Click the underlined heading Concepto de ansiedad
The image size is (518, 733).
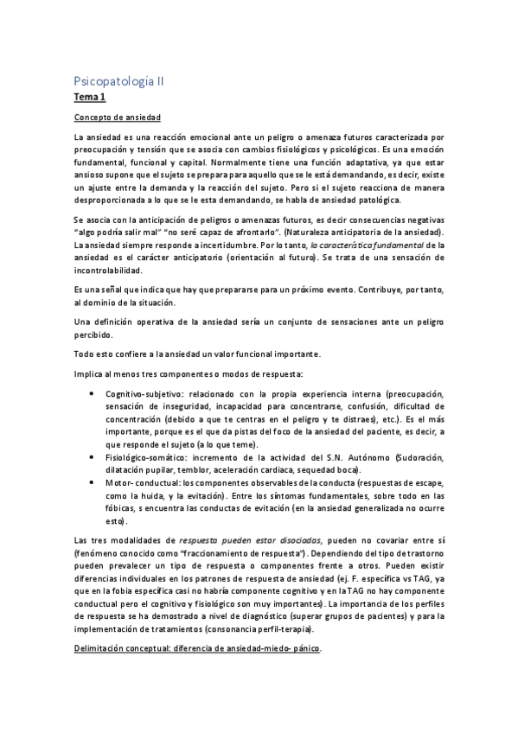coord(117,118)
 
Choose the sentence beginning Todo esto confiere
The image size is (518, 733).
coord(197,354)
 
